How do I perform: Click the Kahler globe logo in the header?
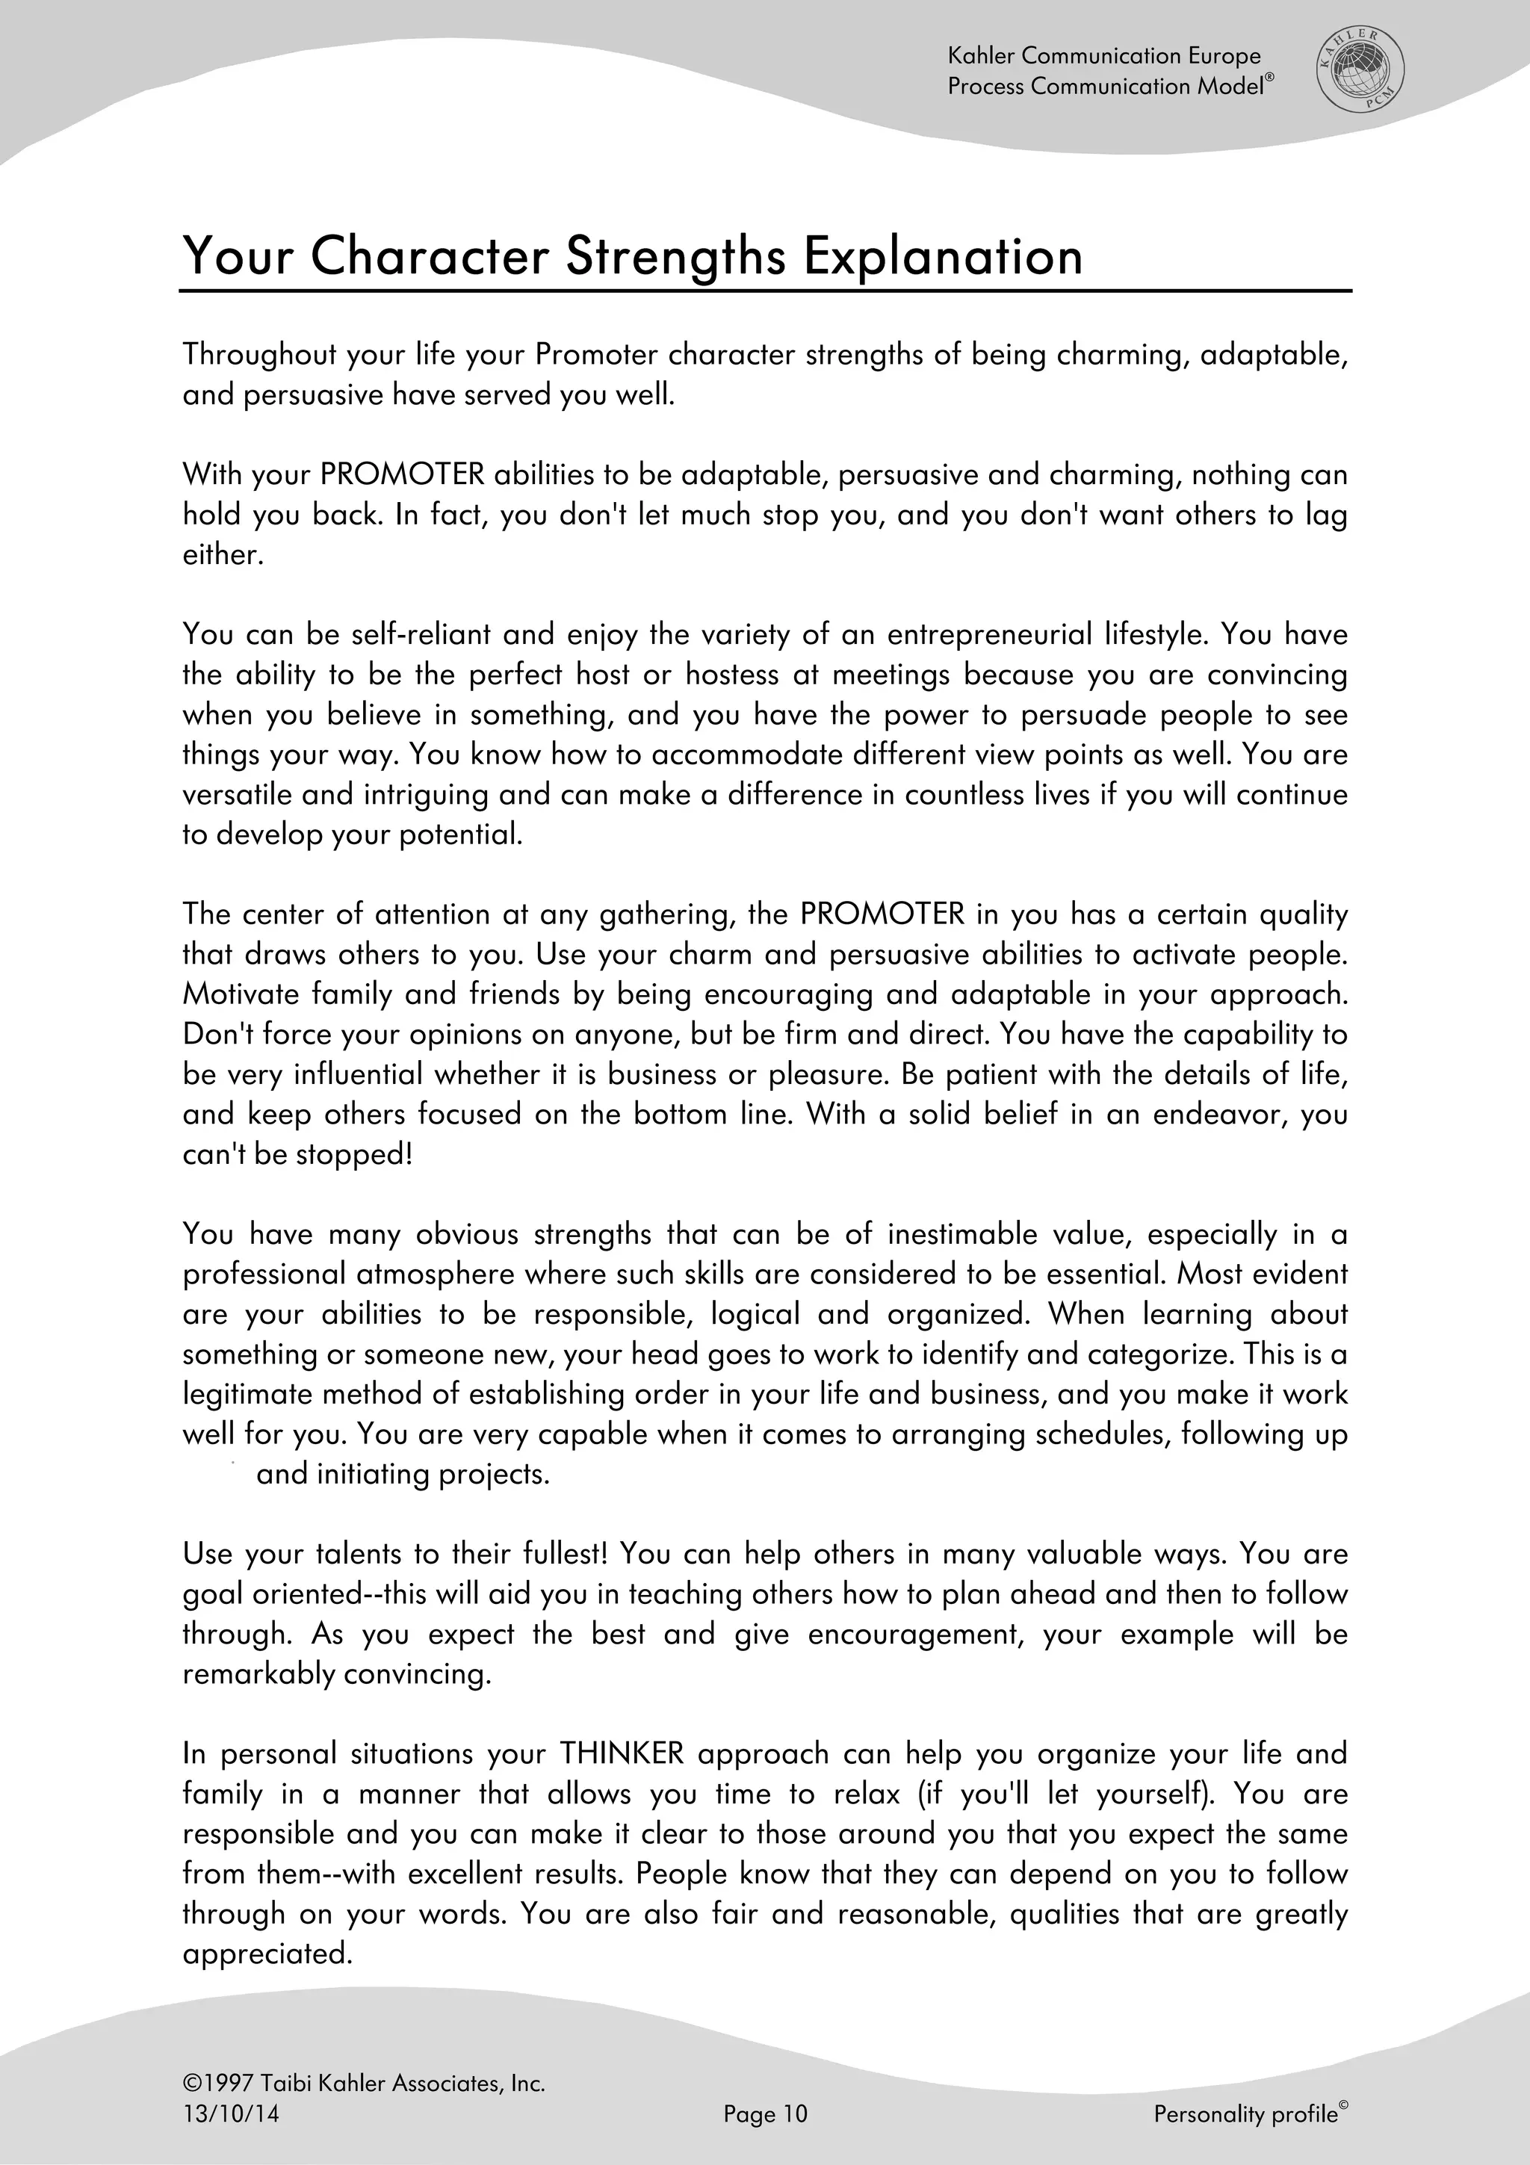pos(1360,71)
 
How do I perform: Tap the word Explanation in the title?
pos(943,256)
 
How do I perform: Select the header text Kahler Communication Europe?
pos(1104,57)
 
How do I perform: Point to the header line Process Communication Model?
pos(1109,87)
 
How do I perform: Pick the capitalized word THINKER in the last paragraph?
pos(622,1754)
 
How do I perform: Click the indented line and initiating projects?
pos(403,1475)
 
